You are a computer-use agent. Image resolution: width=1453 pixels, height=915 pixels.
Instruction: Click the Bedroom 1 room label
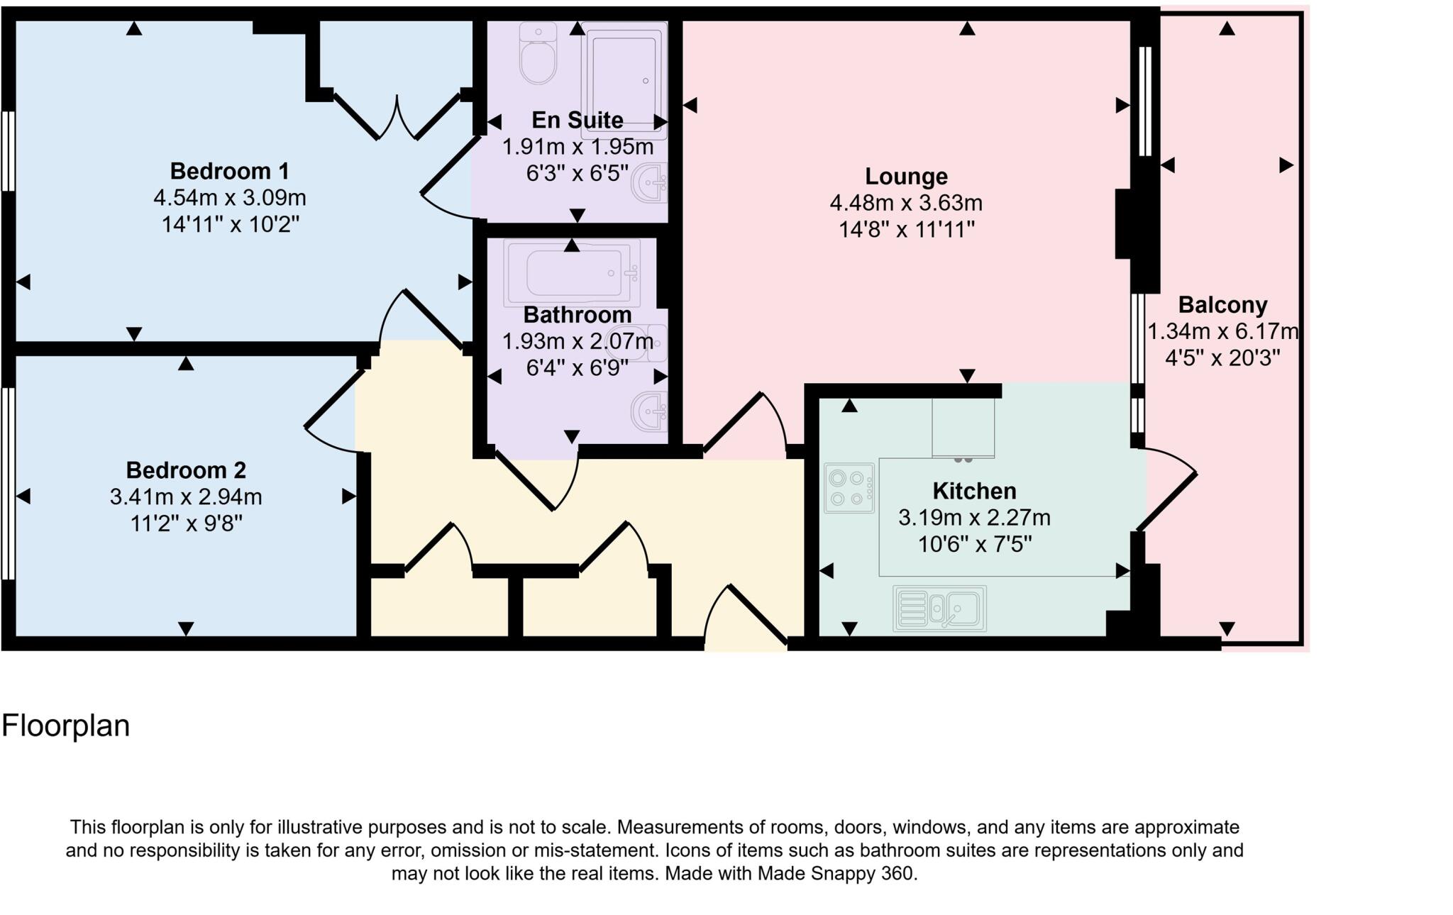point(229,171)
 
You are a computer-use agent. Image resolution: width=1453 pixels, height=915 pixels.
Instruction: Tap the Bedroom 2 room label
point(186,470)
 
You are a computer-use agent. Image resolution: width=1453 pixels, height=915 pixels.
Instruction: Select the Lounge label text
point(906,176)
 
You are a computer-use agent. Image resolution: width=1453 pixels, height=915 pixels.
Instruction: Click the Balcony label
point(1222,305)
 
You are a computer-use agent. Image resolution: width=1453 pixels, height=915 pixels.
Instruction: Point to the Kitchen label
point(974,491)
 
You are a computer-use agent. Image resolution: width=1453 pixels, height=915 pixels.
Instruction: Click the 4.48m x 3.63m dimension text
point(906,203)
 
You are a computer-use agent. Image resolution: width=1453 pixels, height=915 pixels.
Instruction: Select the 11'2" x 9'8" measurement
point(186,523)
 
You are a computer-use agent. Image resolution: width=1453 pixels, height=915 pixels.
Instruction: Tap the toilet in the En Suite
point(538,55)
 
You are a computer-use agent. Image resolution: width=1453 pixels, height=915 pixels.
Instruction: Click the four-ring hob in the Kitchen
point(849,488)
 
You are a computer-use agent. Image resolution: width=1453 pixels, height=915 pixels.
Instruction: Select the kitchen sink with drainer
point(939,608)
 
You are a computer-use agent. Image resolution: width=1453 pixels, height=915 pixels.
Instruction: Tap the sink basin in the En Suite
point(650,182)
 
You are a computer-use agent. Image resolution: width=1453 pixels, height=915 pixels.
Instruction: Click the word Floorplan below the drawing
point(65,726)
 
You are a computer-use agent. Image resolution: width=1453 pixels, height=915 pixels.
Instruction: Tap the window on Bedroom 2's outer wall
point(8,482)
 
